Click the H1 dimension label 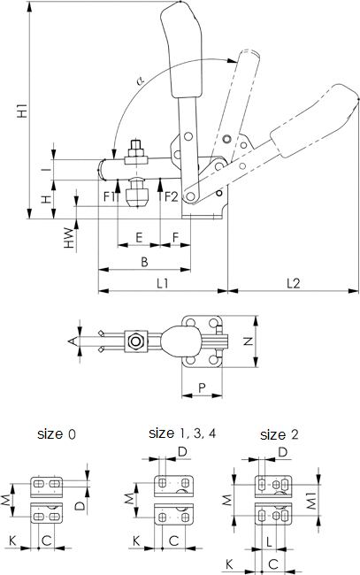coord(22,111)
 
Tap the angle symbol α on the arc coord(141,80)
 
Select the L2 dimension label coord(294,283)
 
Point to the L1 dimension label coord(163,283)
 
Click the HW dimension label coord(69,238)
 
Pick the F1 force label coord(110,197)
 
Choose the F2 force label coord(171,197)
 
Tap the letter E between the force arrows coord(139,237)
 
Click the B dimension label coord(144,262)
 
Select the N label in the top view coord(249,341)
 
